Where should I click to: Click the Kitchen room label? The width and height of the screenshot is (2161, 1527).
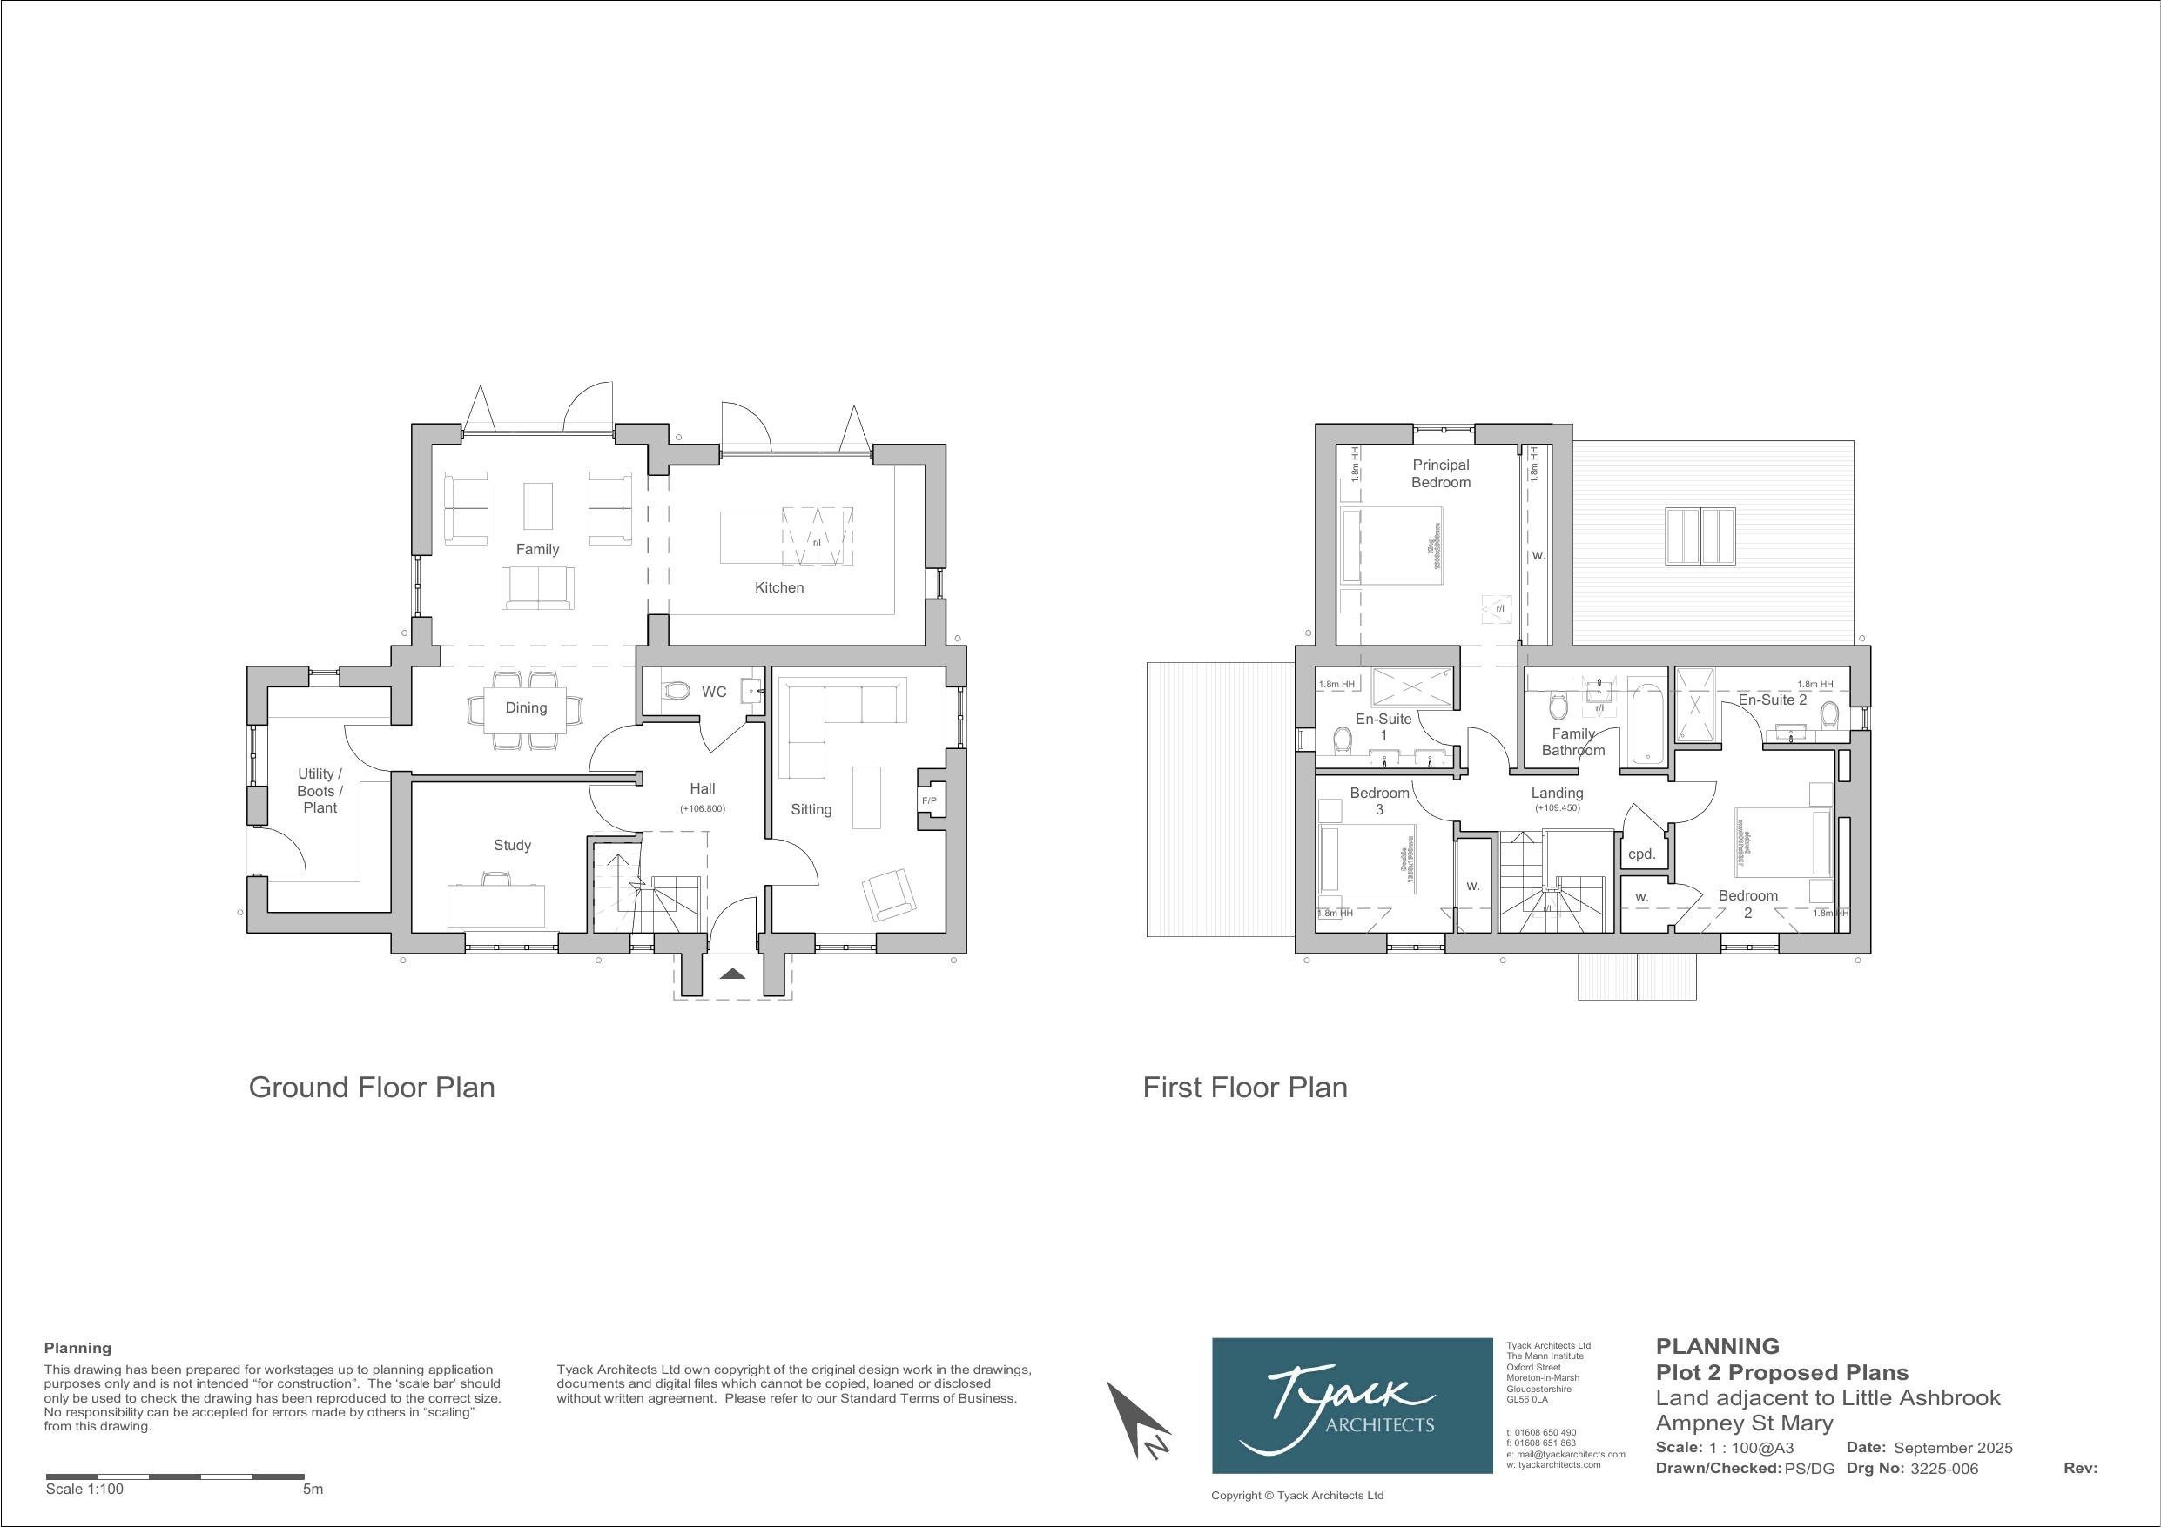click(779, 587)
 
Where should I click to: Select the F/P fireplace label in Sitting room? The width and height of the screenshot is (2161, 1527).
click(929, 800)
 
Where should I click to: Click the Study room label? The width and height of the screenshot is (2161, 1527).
click(512, 845)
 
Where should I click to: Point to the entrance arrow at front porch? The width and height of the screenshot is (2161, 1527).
click(732, 974)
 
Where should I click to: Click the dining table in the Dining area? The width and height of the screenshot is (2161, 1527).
click(525, 708)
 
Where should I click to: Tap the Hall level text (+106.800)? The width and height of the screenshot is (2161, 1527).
click(702, 808)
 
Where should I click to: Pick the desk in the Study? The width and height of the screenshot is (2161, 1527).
click(496, 905)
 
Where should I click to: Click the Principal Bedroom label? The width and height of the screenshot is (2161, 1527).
click(1440, 473)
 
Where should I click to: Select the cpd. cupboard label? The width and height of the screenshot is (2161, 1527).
click(1641, 854)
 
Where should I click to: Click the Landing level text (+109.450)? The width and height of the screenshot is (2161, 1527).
click(1557, 808)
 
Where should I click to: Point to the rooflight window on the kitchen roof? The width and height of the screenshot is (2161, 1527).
click(1700, 536)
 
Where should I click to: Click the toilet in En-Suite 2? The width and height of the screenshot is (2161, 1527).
click(1829, 714)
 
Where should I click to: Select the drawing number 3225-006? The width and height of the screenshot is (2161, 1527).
click(1943, 1469)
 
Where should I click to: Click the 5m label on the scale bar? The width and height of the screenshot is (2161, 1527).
click(313, 1490)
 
